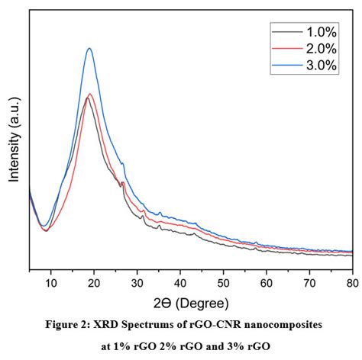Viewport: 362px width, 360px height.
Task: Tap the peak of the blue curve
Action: click(90, 49)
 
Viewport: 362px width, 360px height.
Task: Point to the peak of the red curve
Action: click(91, 95)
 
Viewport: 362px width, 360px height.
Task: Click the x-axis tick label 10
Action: click(50, 283)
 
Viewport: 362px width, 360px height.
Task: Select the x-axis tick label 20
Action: click(94, 283)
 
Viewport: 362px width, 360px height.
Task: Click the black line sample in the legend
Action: click(286, 31)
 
